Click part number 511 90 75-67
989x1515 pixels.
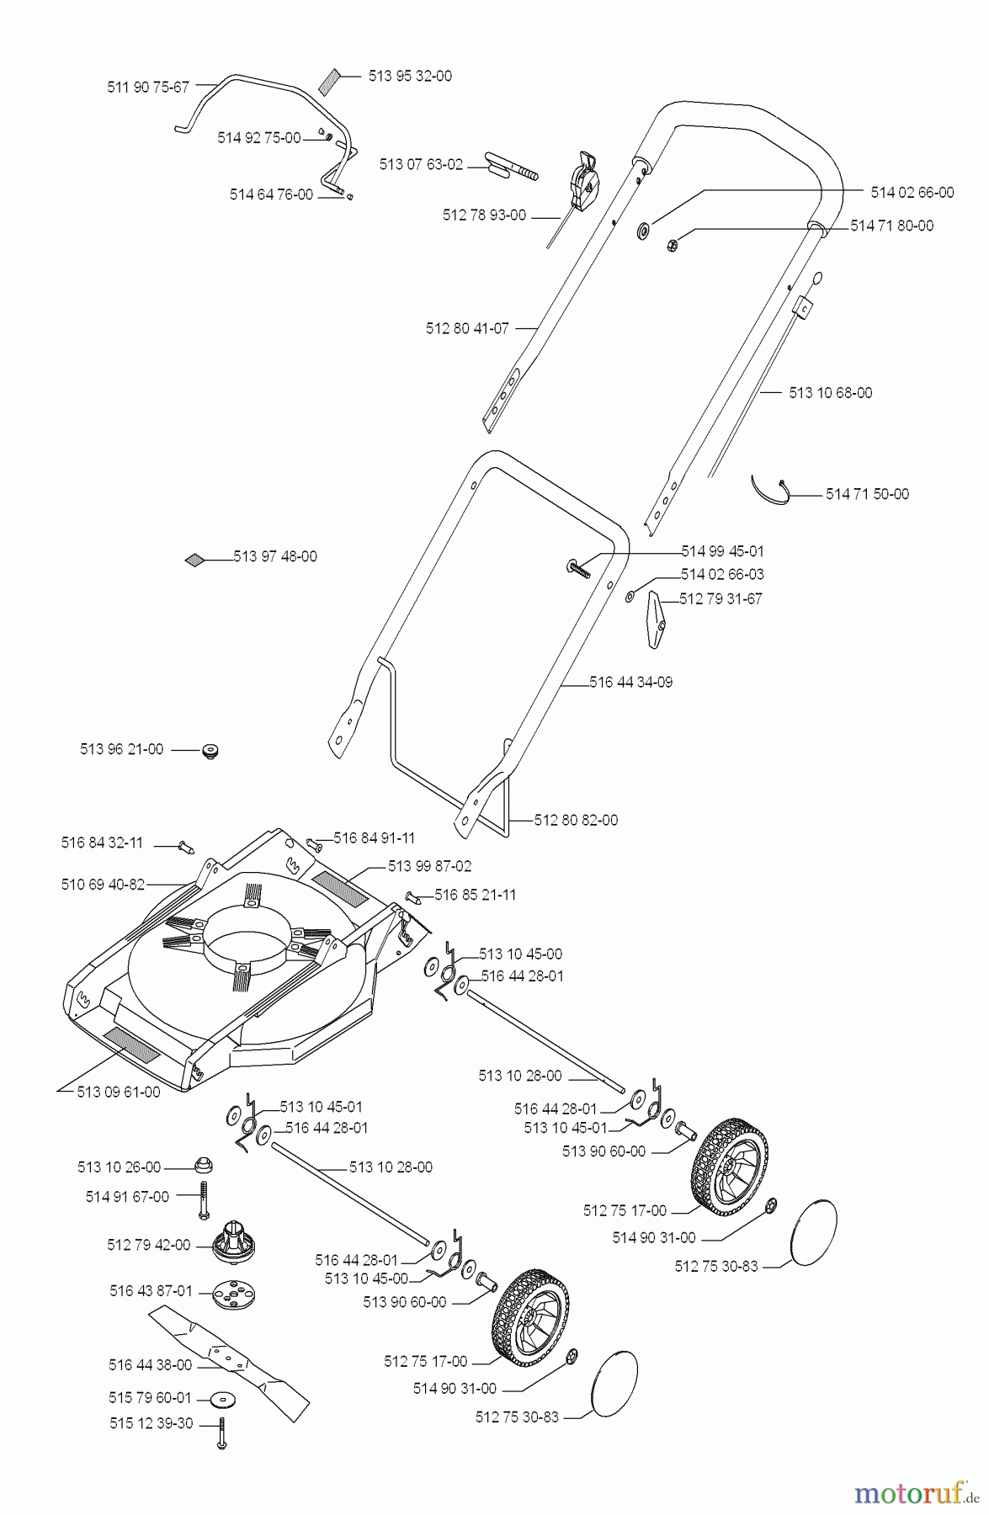149,86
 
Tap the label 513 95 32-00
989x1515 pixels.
410,76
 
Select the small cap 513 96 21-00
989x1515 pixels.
208,749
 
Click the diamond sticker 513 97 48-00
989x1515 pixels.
195,558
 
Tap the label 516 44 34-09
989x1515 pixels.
630,683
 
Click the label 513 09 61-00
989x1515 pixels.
118,1092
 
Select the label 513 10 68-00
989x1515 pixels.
830,393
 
